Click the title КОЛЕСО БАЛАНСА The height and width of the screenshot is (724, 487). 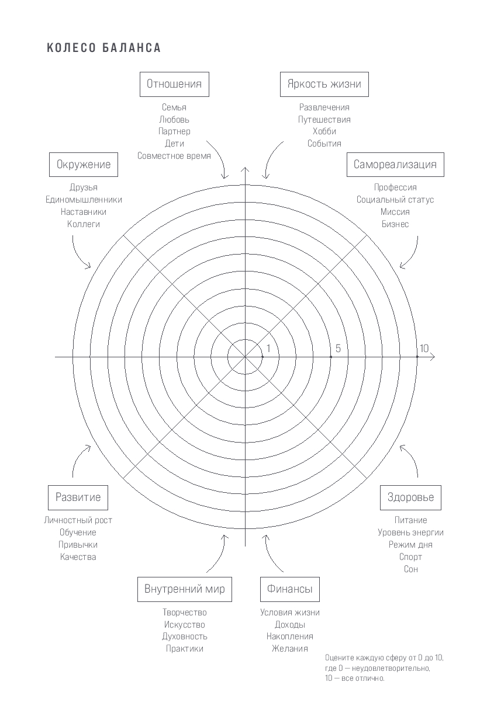point(103,48)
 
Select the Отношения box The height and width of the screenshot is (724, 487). point(174,84)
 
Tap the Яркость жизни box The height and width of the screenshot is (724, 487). point(324,84)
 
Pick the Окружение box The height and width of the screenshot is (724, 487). point(84,165)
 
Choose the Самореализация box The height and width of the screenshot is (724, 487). point(395,165)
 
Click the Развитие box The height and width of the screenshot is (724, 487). point(78,497)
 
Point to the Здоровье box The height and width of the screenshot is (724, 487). point(411,497)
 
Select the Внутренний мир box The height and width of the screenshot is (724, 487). point(185,589)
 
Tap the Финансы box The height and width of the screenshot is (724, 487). point(290,589)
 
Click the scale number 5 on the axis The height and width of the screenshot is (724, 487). point(338,349)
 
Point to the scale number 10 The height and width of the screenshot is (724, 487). point(424,349)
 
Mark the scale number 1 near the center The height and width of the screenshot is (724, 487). point(268,349)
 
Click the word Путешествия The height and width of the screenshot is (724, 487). point(324,120)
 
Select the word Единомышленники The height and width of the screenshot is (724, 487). point(84,200)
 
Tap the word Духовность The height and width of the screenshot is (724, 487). point(185,636)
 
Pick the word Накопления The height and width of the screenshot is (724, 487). point(290,636)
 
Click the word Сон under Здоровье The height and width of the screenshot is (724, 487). point(411,569)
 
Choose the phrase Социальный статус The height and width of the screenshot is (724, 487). point(395,200)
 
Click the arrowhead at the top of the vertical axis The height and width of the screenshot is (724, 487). point(245,170)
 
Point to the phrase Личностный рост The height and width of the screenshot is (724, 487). point(78,520)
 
